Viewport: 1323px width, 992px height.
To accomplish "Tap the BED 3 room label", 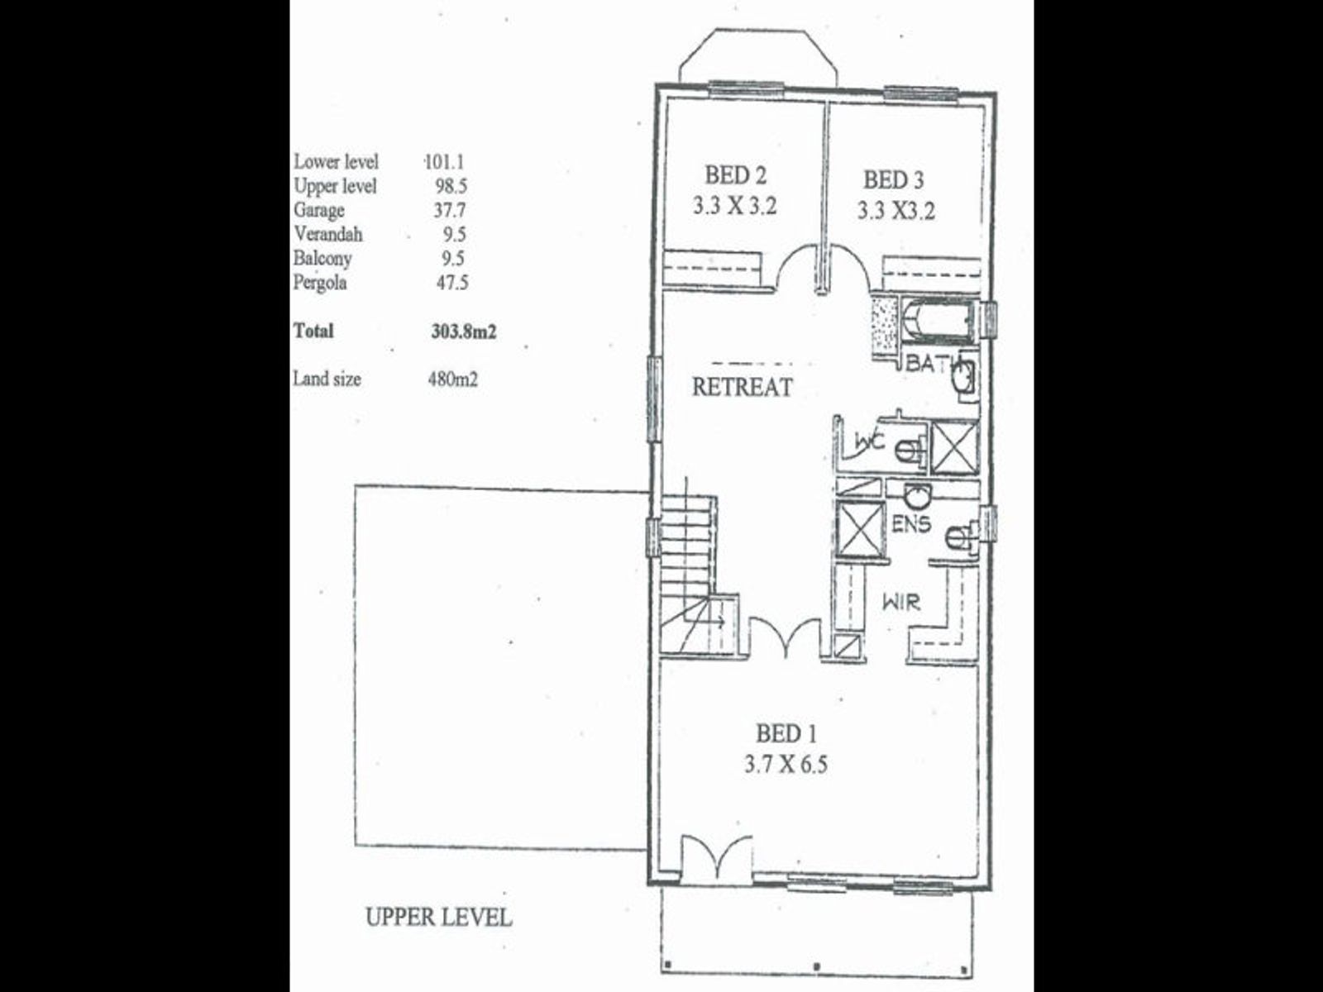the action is tap(893, 180).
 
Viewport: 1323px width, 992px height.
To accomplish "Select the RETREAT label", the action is tap(742, 387).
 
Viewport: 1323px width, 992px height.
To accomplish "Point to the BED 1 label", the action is tap(786, 733).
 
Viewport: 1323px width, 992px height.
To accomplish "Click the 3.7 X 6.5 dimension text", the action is tap(786, 765).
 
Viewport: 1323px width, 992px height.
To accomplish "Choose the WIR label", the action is tap(901, 602).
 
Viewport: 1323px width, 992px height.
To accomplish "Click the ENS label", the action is tap(910, 524).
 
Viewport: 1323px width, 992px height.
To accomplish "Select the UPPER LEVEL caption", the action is tap(439, 918).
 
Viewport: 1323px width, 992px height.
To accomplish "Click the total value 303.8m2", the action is tap(464, 331).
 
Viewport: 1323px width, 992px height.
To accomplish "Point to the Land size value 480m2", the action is tap(452, 379).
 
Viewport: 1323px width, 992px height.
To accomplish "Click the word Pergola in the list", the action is tap(320, 283).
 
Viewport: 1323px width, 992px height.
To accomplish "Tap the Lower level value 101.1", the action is tap(444, 162).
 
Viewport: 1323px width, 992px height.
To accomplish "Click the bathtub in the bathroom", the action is tap(937, 321).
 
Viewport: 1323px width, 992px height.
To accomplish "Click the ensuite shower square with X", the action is tap(860, 527).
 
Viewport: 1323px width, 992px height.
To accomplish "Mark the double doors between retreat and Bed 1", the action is tap(785, 638).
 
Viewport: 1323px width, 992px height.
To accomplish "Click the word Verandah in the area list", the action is tap(328, 234).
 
